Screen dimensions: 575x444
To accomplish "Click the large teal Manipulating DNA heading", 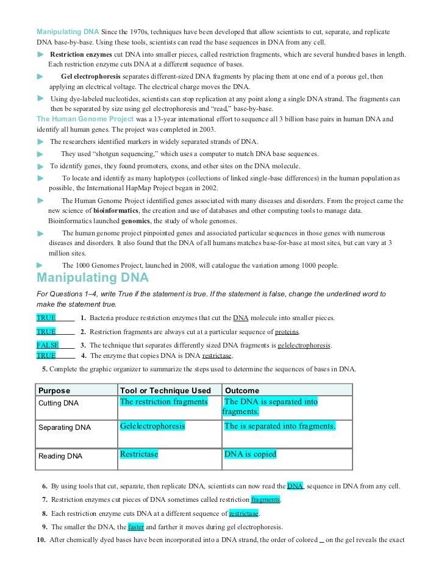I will (93, 278).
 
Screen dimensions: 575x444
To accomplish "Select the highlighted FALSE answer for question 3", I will (48, 345).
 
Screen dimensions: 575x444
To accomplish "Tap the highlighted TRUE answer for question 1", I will (46, 318).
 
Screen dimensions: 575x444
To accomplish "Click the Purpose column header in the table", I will (54, 390).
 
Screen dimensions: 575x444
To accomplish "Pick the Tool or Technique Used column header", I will (165, 390).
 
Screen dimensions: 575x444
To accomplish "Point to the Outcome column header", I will (242, 390).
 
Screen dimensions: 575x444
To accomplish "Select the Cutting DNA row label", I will (59, 403).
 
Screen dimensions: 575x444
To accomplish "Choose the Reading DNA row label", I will (60, 455).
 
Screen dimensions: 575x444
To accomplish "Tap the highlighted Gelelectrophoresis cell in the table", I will (152, 426).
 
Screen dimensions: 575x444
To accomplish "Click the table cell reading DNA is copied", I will (250, 454).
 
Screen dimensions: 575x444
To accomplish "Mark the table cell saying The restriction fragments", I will (163, 402).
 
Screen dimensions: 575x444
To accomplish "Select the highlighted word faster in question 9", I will (136, 527).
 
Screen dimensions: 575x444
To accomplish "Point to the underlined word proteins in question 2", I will (287, 332).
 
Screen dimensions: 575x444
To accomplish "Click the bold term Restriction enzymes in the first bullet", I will (81, 54).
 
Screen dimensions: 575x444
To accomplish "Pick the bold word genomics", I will (135, 221).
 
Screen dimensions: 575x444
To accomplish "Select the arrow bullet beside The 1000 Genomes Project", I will (40, 265).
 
